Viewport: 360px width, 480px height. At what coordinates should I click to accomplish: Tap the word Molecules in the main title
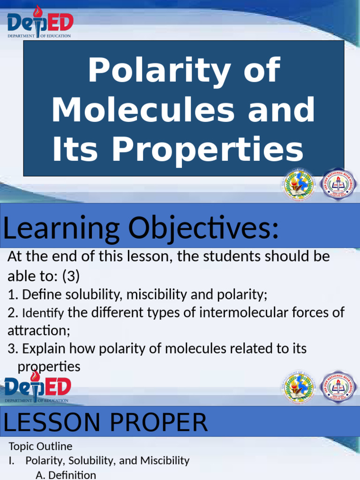pos(143,110)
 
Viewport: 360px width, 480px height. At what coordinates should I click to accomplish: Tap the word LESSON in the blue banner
pos(50,423)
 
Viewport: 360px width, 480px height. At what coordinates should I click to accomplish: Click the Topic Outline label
pos(40,446)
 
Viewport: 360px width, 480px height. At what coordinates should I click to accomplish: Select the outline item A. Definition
pos(66,474)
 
